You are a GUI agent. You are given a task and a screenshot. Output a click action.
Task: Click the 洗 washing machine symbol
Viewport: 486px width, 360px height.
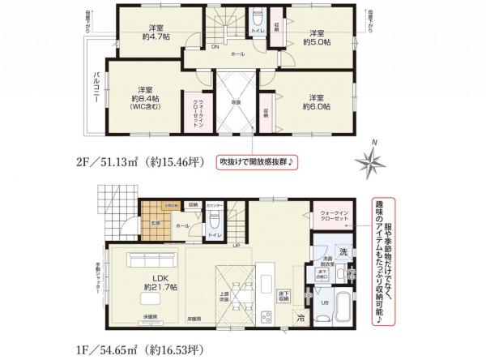pyautogui.click(x=343, y=252)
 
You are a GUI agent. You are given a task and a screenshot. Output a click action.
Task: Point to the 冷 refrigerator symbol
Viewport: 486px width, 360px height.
pyautogui.click(x=299, y=317)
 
